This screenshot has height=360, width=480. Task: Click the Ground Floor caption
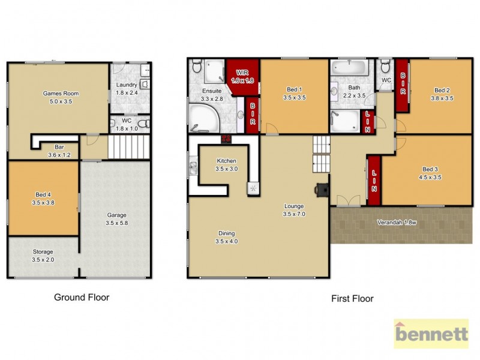pyautogui.click(x=82, y=297)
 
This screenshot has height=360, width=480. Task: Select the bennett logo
pyautogui.click(x=431, y=334)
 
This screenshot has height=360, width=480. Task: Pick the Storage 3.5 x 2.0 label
pyautogui.click(x=43, y=256)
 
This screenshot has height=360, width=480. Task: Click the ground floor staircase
pyautogui.click(x=128, y=147)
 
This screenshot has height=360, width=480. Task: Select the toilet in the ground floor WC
pyautogui.click(x=142, y=124)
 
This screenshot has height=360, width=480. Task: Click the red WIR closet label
pyautogui.click(x=242, y=76)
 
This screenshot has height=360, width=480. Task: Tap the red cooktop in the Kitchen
pyautogui.click(x=226, y=139)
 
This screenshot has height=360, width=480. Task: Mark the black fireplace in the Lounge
pyautogui.click(x=322, y=189)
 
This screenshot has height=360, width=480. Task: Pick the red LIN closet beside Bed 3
pyautogui.click(x=374, y=174)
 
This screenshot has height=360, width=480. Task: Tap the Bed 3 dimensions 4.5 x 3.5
pyautogui.click(x=430, y=177)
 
